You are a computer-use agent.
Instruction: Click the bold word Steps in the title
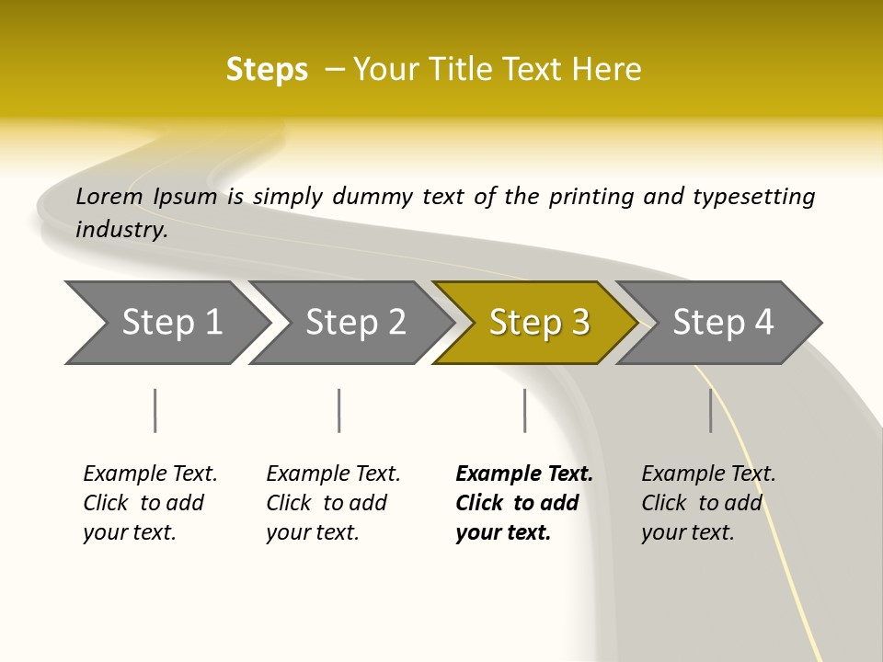(267, 70)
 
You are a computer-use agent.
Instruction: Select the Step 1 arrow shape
(166, 323)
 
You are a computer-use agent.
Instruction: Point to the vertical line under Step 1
(155, 410)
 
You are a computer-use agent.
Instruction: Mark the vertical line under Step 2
(339, 410)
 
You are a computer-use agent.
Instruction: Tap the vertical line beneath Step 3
(524, 410)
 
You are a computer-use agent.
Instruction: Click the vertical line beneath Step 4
(711, 410)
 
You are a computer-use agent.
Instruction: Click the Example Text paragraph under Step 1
(150, 503)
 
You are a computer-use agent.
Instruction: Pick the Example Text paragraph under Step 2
(333, 503)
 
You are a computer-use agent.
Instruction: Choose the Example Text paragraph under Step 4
(707, 503)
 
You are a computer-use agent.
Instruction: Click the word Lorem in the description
(109, 197)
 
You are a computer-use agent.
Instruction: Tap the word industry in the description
(120, 230)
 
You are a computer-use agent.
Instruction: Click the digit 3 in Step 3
(579, 323)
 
